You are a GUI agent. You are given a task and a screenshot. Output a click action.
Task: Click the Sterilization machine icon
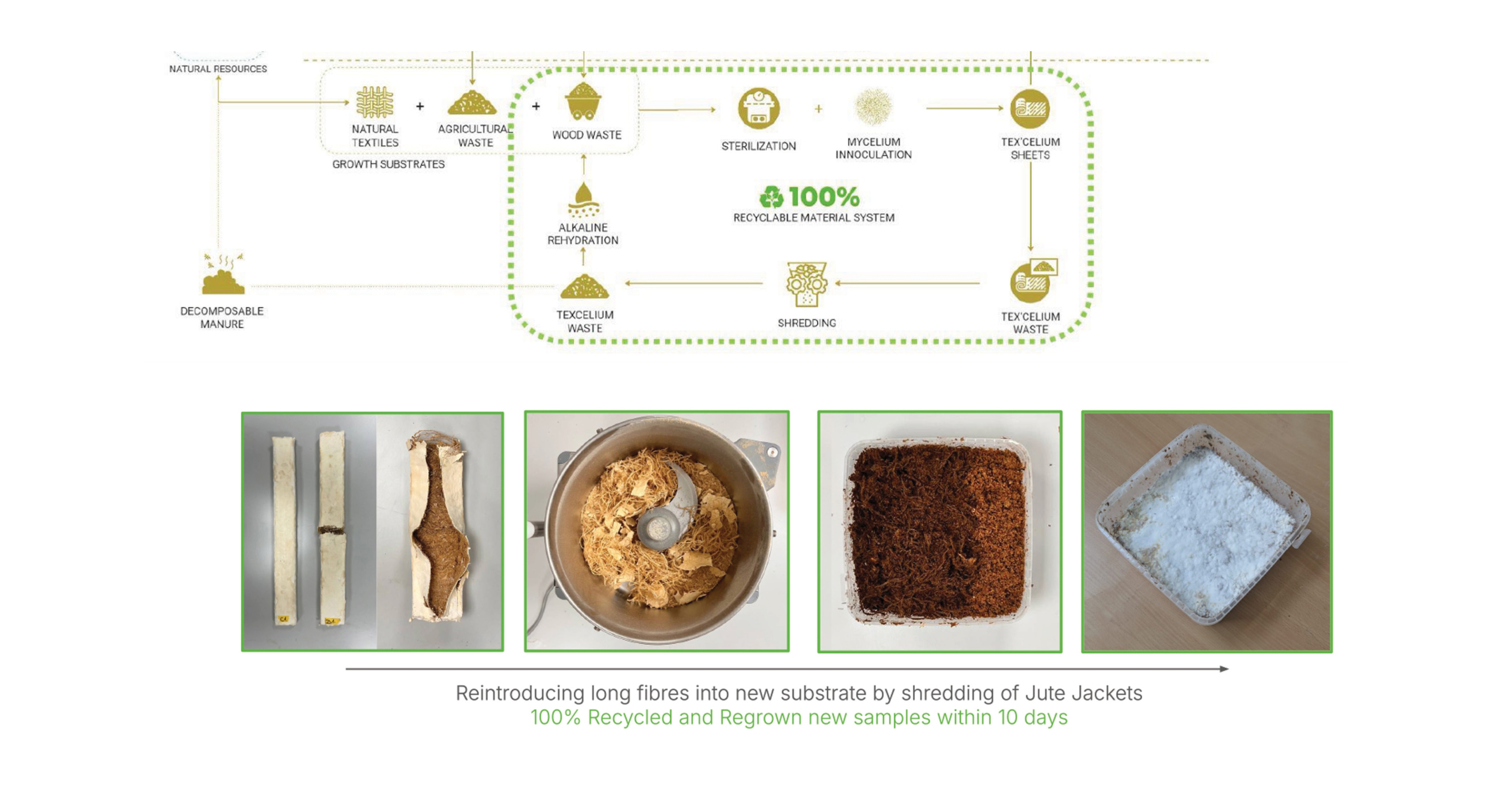pyautogui.click(x=759, y=108)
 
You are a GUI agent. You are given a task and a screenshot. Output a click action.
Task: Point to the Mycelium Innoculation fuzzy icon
pyautogui.click(x=873, y=107)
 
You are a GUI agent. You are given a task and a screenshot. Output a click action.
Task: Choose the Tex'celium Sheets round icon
pyautogui.click(x=1030, y=109)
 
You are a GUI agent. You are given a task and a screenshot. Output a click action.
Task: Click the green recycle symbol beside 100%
pyautogui.click(x=772, y=197)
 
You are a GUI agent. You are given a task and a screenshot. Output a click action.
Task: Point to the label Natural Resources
pyautogui.click(x=218, y=68)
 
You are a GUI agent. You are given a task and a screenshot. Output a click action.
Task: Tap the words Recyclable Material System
pyautogui.click(x=814, y=218)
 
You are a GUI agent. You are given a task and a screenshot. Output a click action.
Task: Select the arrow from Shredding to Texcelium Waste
pyautogui.click(x=694, y=283)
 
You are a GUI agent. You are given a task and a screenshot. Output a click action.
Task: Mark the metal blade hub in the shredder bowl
pyautogui.click(x=659, y=528)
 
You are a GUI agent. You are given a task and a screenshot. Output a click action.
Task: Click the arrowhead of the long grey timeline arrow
pyautogui.click(x=1224, y=669)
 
